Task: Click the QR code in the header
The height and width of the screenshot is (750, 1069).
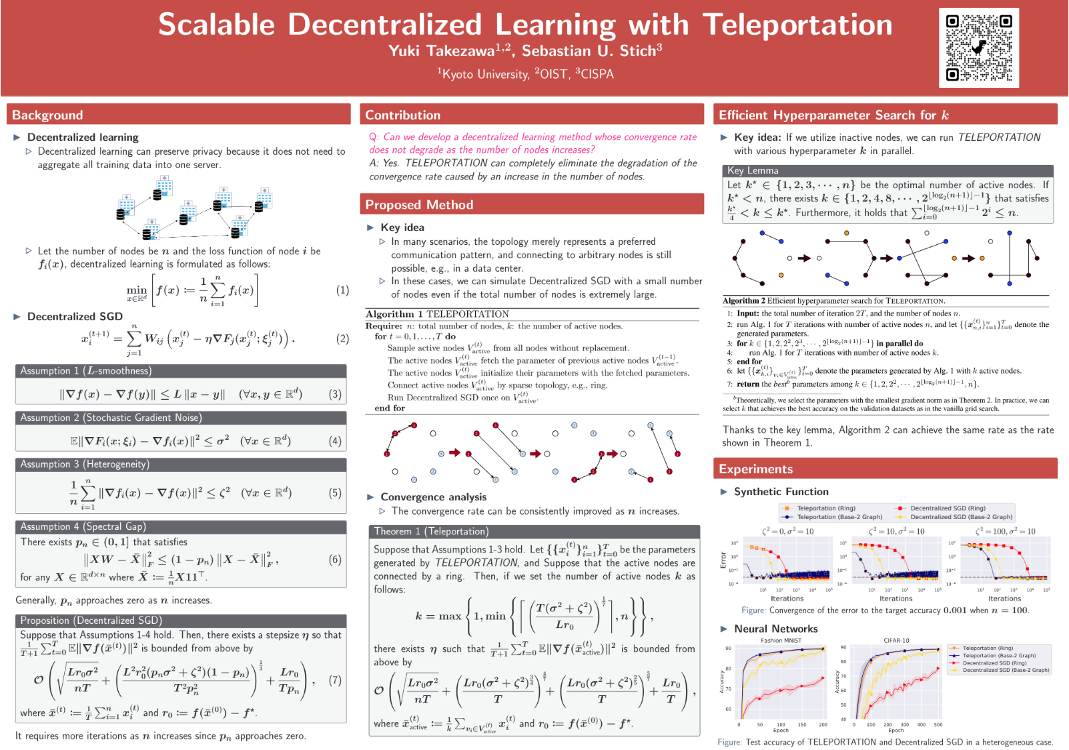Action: pyautogui.click(x=978, y=47)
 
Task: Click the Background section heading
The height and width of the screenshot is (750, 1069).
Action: pyautogui.click(x=47, y=115)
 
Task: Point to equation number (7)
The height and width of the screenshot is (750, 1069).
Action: pyautogui.click(x=335, y=680)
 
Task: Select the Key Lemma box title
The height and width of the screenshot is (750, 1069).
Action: pyautogui.click(x=753, y=171)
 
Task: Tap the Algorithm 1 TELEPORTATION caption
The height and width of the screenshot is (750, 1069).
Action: pyautogui.click(x=437, y=314)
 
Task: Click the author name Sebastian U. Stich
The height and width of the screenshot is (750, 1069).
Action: pyautogui.click(x=591, y=51)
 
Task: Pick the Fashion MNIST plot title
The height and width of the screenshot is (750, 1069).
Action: pyautogui.click(x=781, y=641)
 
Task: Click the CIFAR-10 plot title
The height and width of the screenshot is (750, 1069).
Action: pyautogui.click(x=896, y=641)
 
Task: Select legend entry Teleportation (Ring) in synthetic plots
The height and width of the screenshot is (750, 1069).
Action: pyautogui.click(x=825, y=508)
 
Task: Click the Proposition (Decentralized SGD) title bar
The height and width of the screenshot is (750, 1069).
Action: pyautogui.click(x=91, y=620)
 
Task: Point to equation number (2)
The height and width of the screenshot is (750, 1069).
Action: pyautogui.click(x=342, y=338)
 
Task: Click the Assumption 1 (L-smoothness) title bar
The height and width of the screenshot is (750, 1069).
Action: pyautogui.click(x=85, y=370)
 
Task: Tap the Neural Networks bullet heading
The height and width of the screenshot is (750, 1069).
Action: pyautogui.click(x=775, y=629)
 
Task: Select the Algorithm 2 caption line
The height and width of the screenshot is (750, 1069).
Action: pyautogui.click(x=833, y=301)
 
